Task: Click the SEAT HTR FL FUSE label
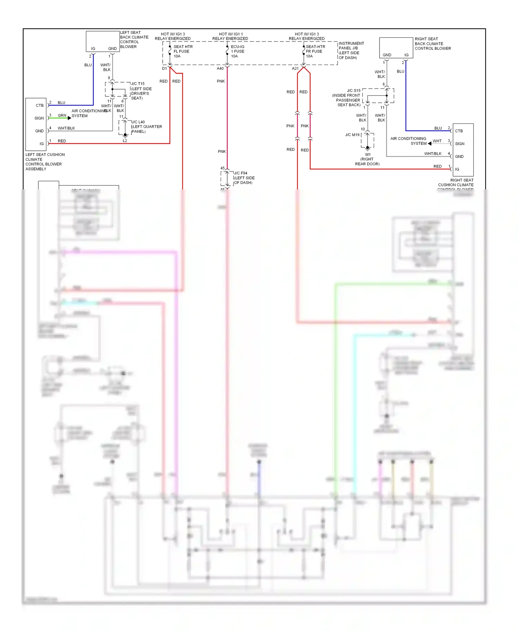pyautogui.click(x=183, y=51)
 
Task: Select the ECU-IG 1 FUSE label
pyautogui.click(x=238, y=51)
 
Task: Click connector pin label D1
pyautogui.click(x=164, y=68)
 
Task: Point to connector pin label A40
pyautogui.click(x=220, y=68)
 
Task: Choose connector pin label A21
pyautogui.click(x=295, y=68)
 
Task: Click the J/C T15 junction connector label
pyautogui.click(x=141, y=91)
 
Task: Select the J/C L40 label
pyautogui.click(x=146, y=127)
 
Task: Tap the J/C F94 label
pyautogui.click(x=244, y=178)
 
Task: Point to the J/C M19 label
pyautogui.click(x=352, y=135)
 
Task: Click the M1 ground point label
pyautogui.click(x=367, y=159)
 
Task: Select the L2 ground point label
pyautogui.click(x=125, y=141)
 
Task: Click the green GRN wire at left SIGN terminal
pyautogui.click(x=59, y=118)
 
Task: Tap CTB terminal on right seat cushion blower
pyautogui.click(x=459, y=131)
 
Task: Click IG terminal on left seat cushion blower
pyautogui.click(x=41, y=144)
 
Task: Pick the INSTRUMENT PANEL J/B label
pyautogui.click(x=351, y=50)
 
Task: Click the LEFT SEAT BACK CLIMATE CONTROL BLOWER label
pyautogui.click(x=134, y=39)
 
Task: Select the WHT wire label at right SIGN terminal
pyautogui.click(x=437, y=141)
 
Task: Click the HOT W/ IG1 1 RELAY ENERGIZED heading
pyautogui.click(x=230, y=36)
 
